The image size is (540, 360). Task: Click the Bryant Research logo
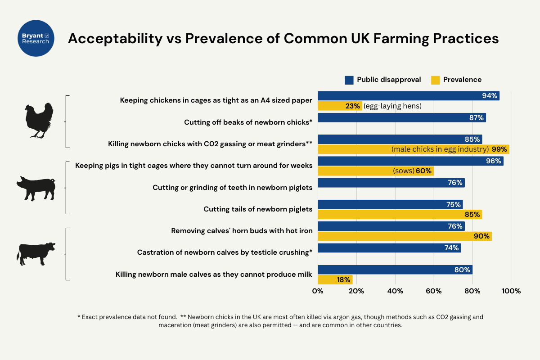36,38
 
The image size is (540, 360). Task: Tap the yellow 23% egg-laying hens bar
340,106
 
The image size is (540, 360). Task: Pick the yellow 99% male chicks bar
413,149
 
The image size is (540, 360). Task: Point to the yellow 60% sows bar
376,171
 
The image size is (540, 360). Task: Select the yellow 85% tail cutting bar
400,215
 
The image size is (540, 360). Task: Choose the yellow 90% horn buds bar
405,236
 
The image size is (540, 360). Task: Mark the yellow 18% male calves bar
335,280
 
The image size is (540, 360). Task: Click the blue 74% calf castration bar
389,247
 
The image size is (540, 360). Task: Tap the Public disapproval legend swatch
349,80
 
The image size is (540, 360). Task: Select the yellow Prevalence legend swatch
435,80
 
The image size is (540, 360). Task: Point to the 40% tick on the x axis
395,291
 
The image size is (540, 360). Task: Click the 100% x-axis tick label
511,291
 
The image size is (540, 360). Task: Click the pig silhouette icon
36,188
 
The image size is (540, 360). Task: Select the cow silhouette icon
36,254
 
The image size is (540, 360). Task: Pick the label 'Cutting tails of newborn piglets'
258,209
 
